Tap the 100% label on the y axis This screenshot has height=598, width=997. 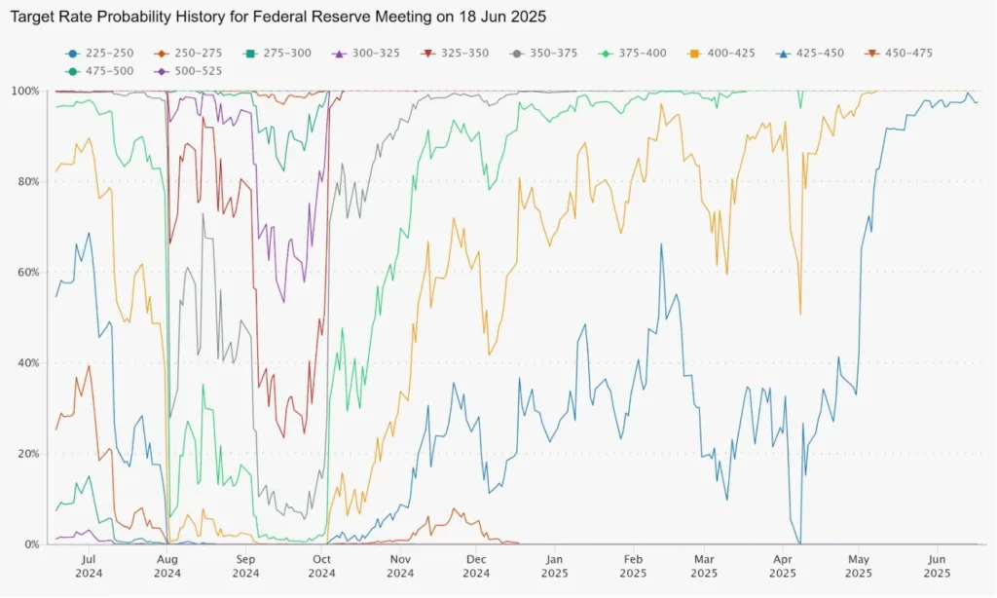coord(24,92)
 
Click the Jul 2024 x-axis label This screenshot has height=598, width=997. coord(88,567)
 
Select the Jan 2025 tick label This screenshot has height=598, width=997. coord(554,567)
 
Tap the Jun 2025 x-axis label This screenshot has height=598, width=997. coord(936,567)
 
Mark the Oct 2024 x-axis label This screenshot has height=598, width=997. coord(322,567)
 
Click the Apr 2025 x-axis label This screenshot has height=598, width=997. coord(783,567)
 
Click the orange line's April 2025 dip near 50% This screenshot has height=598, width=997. coord(800,313)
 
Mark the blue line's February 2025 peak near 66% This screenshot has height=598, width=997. coord(661,244)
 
